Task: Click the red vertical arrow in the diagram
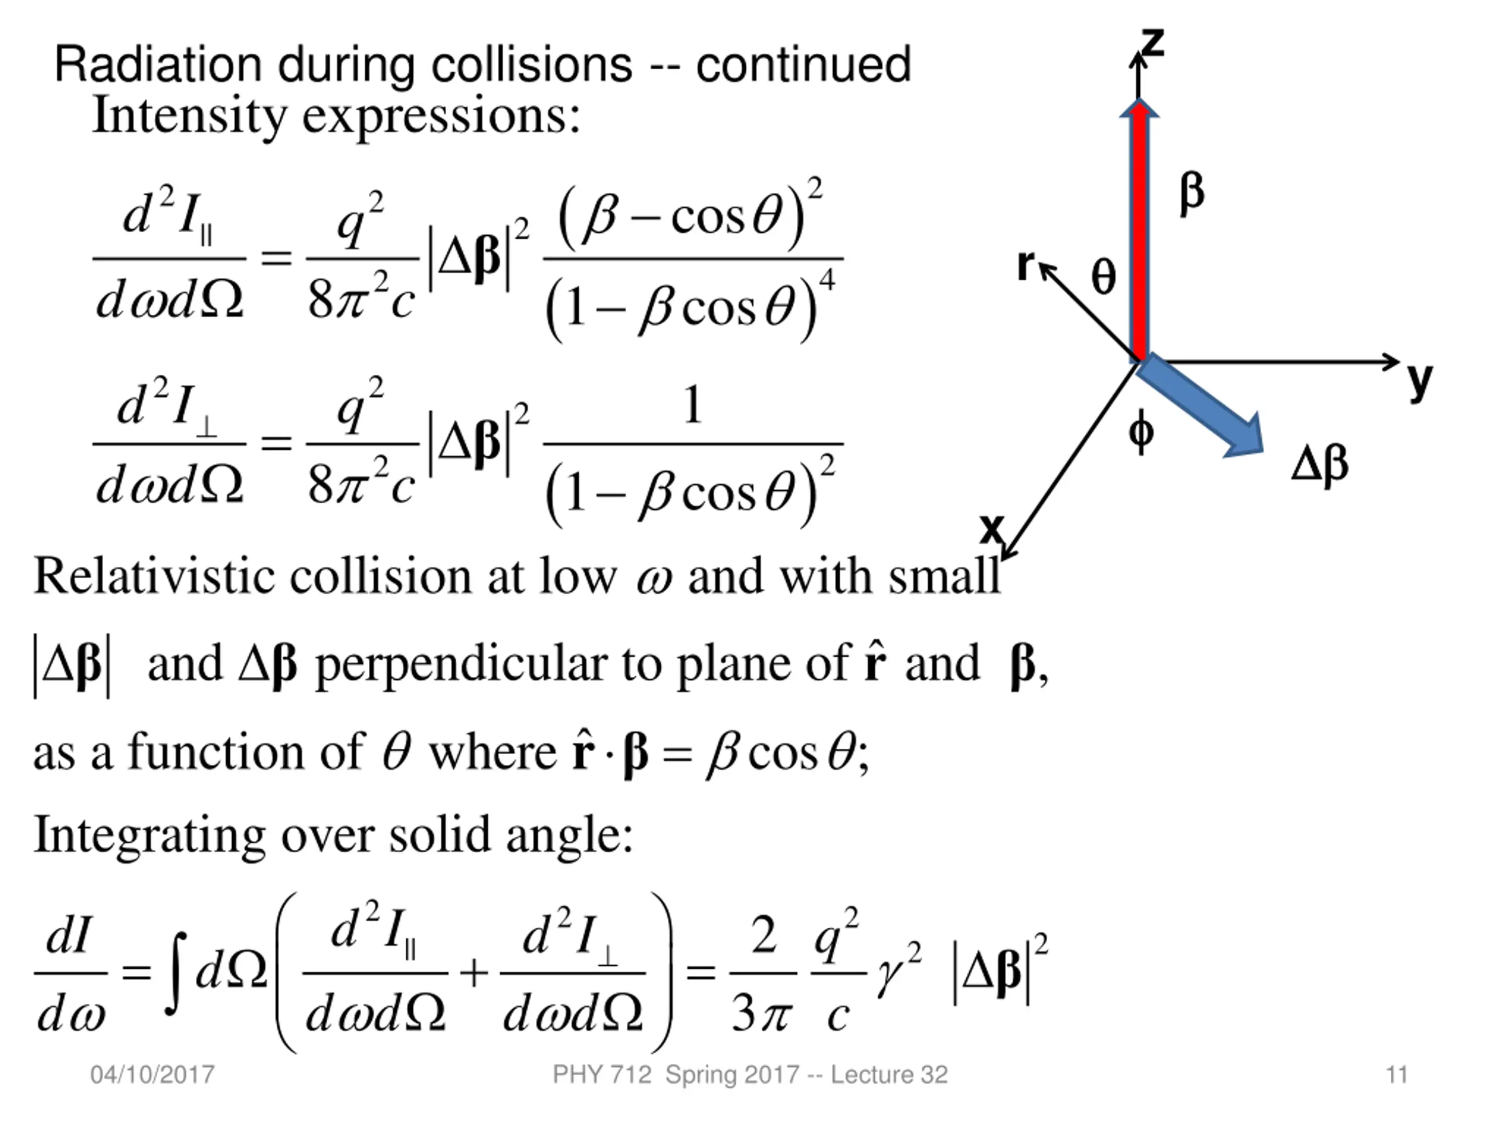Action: coord(1140,230)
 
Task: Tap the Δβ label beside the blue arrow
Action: coord(1320,465)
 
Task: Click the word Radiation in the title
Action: coord(157,65)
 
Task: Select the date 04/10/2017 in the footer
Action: coord(152,1075)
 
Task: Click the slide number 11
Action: coord(1397,1075)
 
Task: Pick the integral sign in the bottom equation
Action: coord(176,972)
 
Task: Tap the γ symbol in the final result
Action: coord(889,978)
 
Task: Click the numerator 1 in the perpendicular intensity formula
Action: coord(692,405)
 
